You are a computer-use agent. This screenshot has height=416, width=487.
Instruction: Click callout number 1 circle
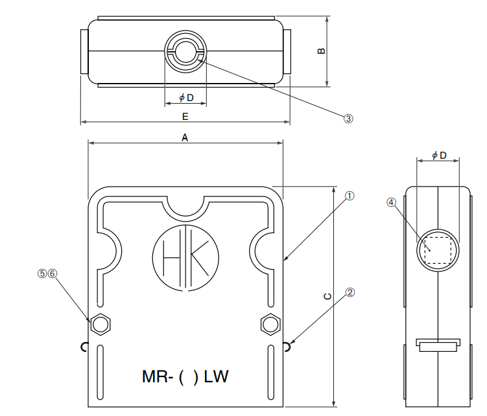pyautogui.click(x=349, y=195)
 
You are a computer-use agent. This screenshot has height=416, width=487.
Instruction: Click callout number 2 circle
pyautogui.click(x=350, y=292)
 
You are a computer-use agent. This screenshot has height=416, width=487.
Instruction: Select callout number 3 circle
pyautogui.click(x=348, y=119)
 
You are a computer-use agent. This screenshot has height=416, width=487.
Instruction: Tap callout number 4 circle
pyautogui.click(x=391, y=202)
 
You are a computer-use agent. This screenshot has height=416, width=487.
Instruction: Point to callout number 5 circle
pyautogui.click(x=43, y=273)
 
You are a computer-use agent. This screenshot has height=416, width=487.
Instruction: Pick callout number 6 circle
pyautogui.click(x=53, y=273)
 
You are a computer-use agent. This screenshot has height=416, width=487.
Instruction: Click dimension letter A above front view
pyautogui.click(x=185, y=137)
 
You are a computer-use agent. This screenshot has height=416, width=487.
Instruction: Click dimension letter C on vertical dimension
pyautogui.click(x=327, y=296)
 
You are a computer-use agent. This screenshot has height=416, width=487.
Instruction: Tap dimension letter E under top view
pyautogui.click(x=185, y=116)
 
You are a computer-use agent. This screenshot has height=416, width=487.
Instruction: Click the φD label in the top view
pyautogui.click(x=186, y=98)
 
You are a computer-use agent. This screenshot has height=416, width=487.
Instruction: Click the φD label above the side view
pyautogui.click(x=439, y=156)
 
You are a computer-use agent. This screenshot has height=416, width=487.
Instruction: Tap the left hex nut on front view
pyautogui.click(x=101, y=323)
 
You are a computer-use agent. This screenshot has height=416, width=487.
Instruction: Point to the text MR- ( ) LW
pyautogui.click(x=185, y=376)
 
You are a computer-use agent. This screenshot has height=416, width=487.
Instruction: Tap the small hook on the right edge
pyautogui.click(x=287, y=347)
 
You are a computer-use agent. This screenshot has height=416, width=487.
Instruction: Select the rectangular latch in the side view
pyautogui.click(x=437, y=346)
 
